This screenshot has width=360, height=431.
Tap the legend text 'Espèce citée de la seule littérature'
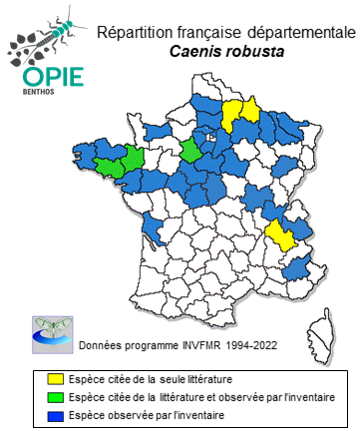click(x=140, y=379)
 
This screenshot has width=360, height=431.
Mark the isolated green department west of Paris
click(x=188, y=150)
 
